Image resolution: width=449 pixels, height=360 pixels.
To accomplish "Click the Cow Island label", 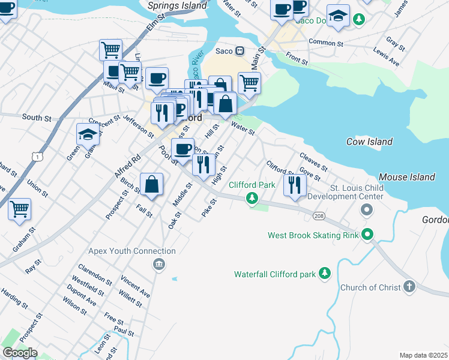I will pyautogui.click(x=369, y=142).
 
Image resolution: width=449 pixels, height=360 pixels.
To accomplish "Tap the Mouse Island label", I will pyautogui.click(x=406, y=177).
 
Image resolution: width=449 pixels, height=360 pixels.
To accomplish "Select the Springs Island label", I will pyautogui.click(x=176, y=5).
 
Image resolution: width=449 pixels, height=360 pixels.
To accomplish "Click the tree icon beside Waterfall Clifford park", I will pyautogui.click(x=325, y=274).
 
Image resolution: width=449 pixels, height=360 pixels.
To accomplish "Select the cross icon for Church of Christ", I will pyautogui.click(x=409, y=287).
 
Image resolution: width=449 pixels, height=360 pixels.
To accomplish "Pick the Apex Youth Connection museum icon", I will pyautogui.click(x=158, y=264).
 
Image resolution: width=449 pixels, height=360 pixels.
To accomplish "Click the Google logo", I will pyautogui.click(x=20, y=353).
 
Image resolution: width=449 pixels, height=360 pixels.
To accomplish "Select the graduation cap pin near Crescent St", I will pyautogui.click(x=88, y=134).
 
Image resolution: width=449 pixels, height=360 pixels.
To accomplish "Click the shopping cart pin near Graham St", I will pyautogui.click(x=19, y=209).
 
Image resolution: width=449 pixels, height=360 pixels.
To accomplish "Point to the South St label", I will pyautogui.click(x=37, y=118).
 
